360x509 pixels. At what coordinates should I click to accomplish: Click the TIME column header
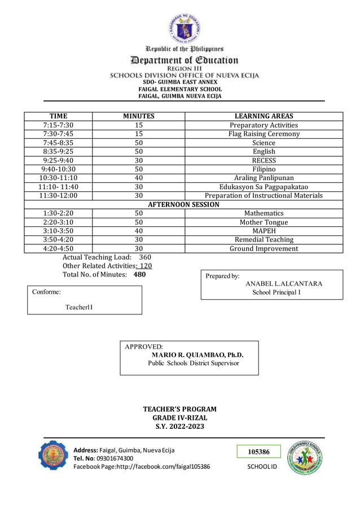tap(58, 116)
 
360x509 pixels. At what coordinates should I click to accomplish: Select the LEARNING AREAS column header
tap(264, 116)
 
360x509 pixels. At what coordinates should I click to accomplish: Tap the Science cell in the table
tap(264, 143)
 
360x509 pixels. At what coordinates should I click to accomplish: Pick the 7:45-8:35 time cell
tap(58, 143)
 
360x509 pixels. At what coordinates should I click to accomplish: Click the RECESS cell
tap(264, 160)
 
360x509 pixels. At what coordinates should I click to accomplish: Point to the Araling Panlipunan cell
tap(264, 178)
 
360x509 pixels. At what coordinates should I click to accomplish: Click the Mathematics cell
tap(264, 213)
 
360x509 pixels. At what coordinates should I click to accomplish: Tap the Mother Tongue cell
tap(264, 222)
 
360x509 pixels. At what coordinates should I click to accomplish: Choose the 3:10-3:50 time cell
tap(58, 231)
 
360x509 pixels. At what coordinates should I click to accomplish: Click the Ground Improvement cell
tap(264, 248)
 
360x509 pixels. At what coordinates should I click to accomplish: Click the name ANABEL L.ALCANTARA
tap(284, 283)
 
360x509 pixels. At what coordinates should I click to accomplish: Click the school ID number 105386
tap(259, 451)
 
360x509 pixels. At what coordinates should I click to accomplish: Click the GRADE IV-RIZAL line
tap(179, 418)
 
